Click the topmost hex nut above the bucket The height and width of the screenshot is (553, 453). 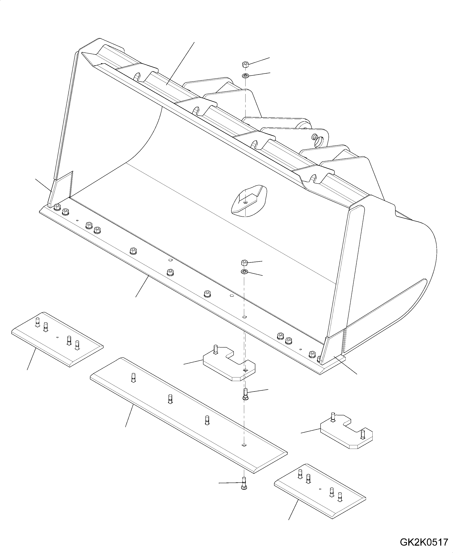245,64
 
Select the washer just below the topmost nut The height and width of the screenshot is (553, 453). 245,76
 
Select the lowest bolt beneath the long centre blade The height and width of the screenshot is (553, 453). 244,485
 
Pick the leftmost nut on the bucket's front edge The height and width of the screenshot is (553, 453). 57,207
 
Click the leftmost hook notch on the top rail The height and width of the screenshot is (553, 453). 137,77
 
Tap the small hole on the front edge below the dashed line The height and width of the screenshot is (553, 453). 244,317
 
